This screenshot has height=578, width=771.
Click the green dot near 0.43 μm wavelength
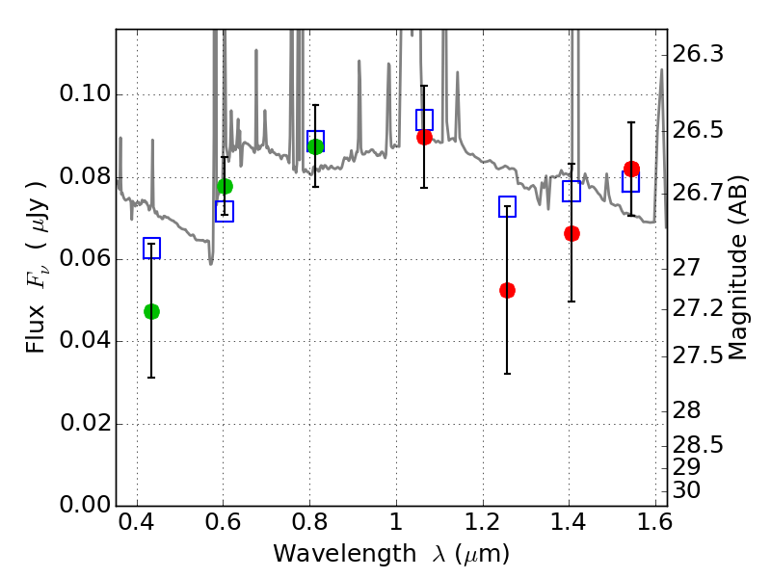(151, 311)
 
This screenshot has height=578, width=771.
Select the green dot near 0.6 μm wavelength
(225, 187)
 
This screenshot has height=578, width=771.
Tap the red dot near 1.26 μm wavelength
(508, 291)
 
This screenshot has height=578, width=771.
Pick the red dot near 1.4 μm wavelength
(572, 233)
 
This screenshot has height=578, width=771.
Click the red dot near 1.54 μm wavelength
(631, 170)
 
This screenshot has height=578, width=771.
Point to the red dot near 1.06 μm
(424, 137)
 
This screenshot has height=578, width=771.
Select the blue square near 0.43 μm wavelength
(151, 249)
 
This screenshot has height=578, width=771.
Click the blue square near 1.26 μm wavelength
(508, 206)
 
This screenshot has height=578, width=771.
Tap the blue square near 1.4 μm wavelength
(572, 191)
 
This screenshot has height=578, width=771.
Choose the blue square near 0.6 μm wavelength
(225, 211)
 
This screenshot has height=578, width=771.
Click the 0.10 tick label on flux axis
(86, 93)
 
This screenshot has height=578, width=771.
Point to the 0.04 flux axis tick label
(86, 340)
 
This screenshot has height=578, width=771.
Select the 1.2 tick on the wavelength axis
(483, 522)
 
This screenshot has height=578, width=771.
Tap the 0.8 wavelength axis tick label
(309, 522)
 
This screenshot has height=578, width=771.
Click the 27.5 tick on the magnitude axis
(698, 355)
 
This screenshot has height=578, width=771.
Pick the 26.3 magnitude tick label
(698, 54)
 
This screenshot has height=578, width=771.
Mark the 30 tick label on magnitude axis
(686, 490)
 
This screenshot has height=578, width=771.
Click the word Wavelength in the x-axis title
(345, 554)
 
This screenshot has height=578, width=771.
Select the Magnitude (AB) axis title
(736, 268)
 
